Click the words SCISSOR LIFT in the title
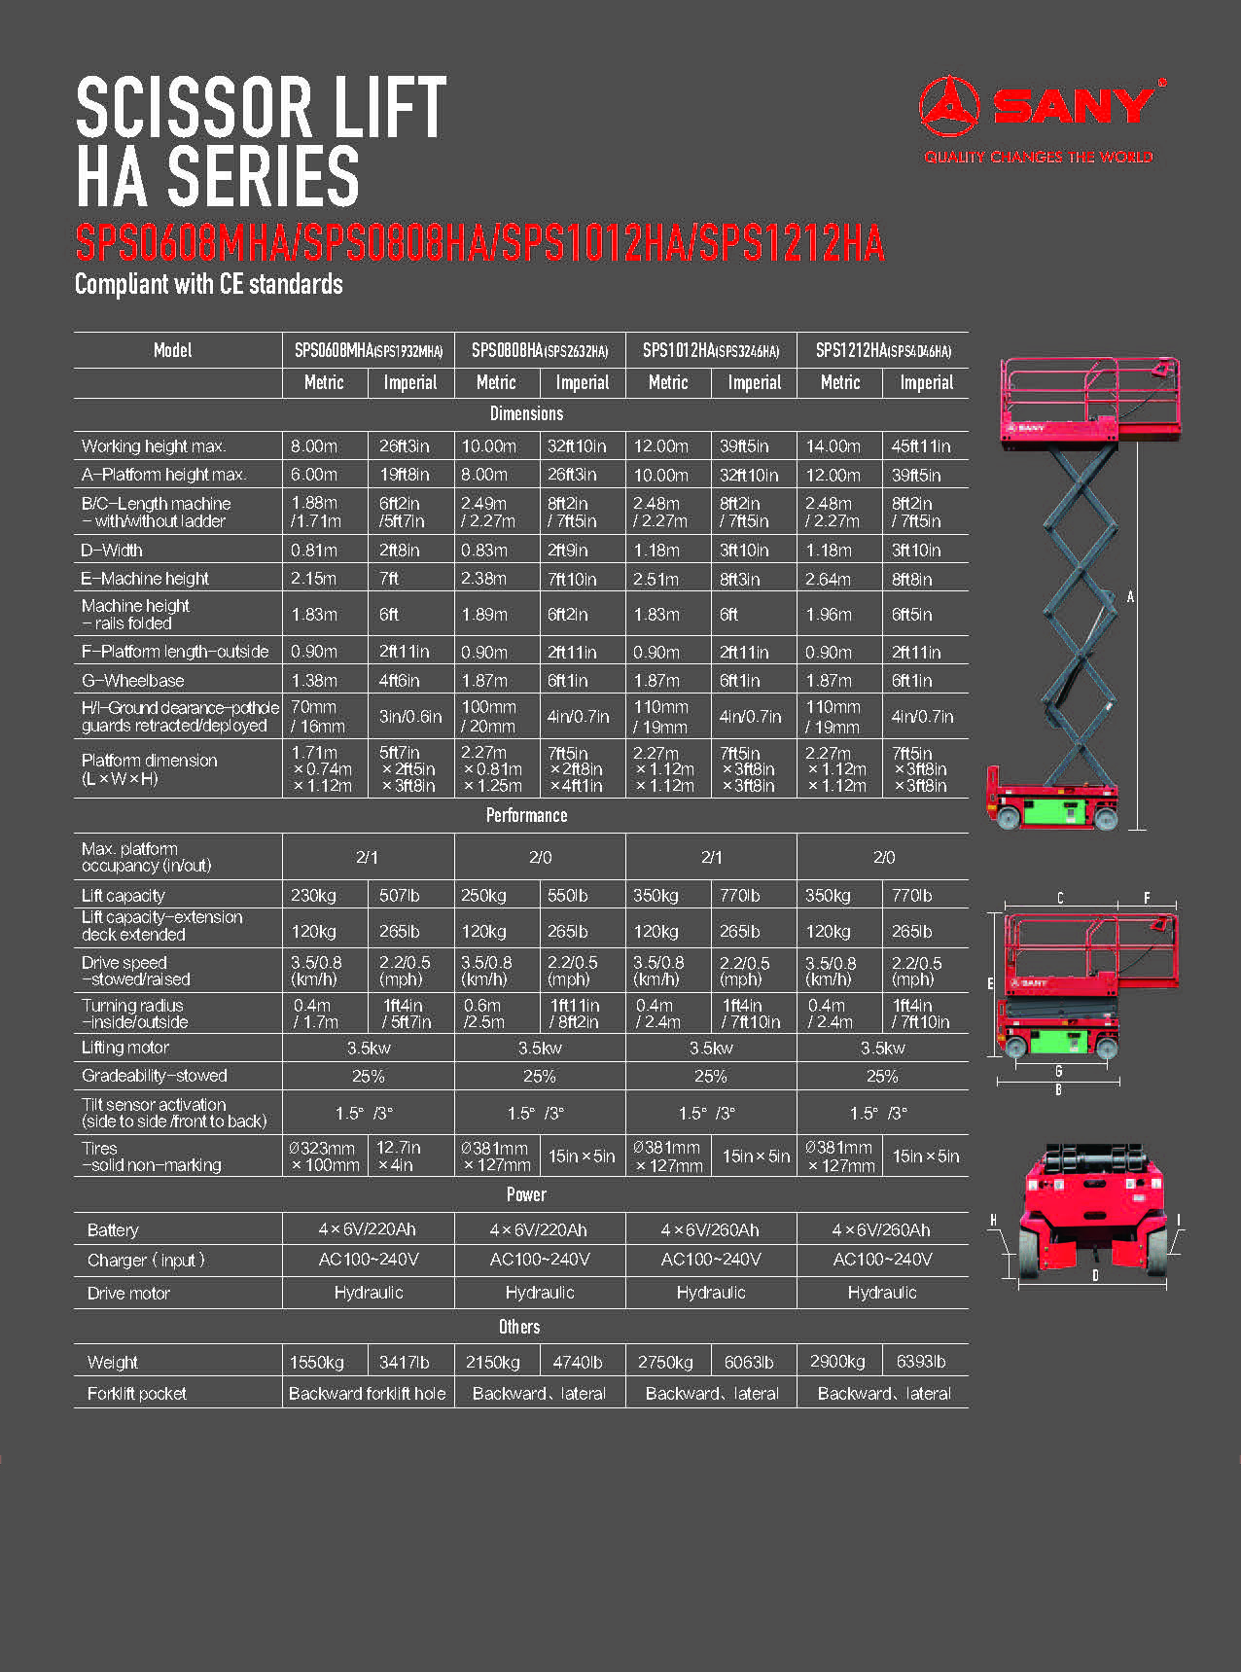(261, 107)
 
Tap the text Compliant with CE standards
(209, 284)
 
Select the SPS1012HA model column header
(711, 350)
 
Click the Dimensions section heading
(526, 413)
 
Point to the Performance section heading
(526, 815)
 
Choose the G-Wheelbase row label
(132, 680)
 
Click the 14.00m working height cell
(833, 446)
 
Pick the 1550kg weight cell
(317, 1362)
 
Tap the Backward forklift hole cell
(368, 1393)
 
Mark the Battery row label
(113, 1229)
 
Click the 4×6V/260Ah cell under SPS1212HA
(881, 1229)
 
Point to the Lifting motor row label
(125, 1048)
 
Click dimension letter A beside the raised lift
(1130, 596)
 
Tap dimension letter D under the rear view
(1095, 1275)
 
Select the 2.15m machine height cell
(313, 579)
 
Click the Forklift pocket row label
(136, 1393)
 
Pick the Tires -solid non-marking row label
(151, 1156)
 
